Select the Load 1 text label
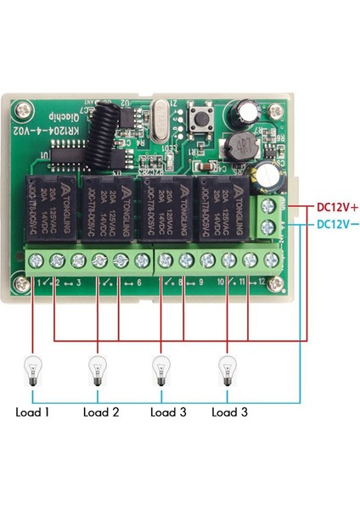click(x=32, y=413)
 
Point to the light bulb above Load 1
click(x=32, y=372)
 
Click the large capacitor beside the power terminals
click(x=271, y=174)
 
